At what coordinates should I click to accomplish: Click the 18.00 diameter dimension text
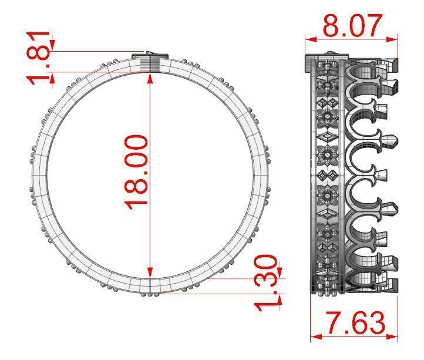(136, 170)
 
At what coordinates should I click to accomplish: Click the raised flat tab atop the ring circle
(150, 55)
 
